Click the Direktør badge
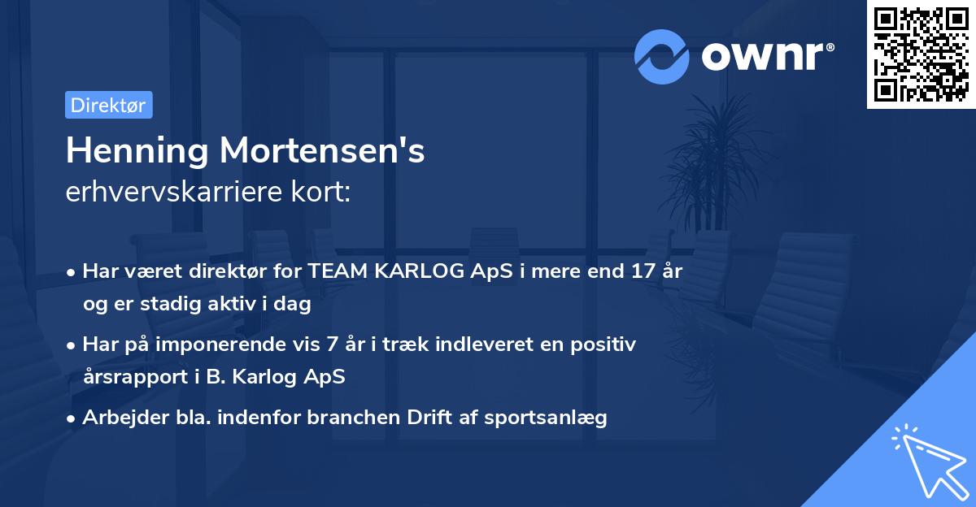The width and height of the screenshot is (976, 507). (108, 106)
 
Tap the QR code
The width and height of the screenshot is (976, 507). (921, 54)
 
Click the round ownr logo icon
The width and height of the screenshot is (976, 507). (662, 56)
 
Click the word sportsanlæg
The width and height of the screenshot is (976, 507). (557, 418)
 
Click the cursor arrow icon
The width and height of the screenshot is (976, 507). (929, 462)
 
